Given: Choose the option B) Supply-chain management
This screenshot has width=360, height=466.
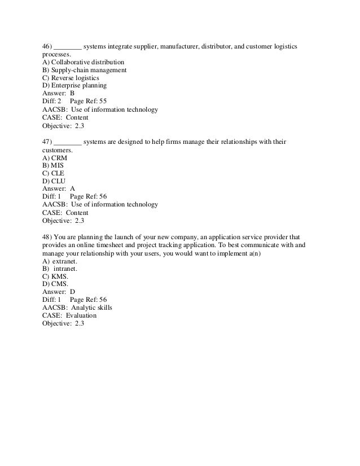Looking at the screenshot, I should tap(85, 70).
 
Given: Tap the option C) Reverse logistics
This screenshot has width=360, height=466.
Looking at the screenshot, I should tap(71, 78).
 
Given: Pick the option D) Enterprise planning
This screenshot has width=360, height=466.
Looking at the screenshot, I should tap(74, 86).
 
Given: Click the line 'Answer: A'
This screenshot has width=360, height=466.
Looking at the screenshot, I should tap(59, 189).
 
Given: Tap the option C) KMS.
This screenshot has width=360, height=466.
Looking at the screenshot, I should tap(55, 277).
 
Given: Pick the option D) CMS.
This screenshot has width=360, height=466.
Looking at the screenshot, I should tap(55, 285).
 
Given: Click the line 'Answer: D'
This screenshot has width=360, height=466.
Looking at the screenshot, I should tap(59, 293).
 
